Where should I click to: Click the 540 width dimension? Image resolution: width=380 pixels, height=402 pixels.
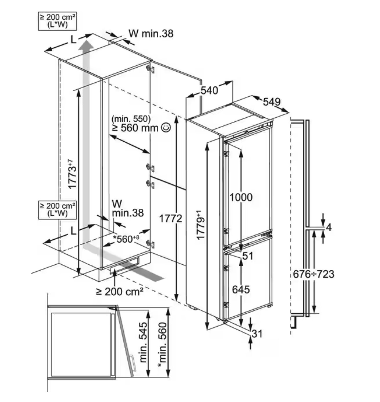point(209,90)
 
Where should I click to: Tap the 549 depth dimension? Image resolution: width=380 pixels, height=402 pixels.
point(272,102)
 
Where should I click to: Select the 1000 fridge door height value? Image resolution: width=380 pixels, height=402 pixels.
point(241,197)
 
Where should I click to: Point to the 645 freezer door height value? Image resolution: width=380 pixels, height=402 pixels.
point(241,289)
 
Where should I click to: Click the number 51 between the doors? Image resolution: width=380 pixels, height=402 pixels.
point(247,256)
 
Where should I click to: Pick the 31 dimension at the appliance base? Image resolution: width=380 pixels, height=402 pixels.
point(257,333)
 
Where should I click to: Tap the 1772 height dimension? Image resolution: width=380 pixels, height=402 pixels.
point(171,219)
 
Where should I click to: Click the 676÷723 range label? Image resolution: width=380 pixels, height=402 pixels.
point(313,274)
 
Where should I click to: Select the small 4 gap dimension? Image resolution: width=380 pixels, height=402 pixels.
point(329,227)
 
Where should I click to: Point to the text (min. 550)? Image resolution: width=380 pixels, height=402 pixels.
point(131,119)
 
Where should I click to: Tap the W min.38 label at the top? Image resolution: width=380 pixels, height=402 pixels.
point(151,33)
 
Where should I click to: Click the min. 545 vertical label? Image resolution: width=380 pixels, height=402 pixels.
point(143,342)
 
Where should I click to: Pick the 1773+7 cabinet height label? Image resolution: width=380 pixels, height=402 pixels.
point(73,174)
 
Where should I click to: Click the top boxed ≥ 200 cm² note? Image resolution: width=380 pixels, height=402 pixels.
point(57,21)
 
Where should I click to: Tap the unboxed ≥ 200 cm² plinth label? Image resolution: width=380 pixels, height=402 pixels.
point(119,291)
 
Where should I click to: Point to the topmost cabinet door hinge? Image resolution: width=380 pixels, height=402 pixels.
point(150,69)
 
